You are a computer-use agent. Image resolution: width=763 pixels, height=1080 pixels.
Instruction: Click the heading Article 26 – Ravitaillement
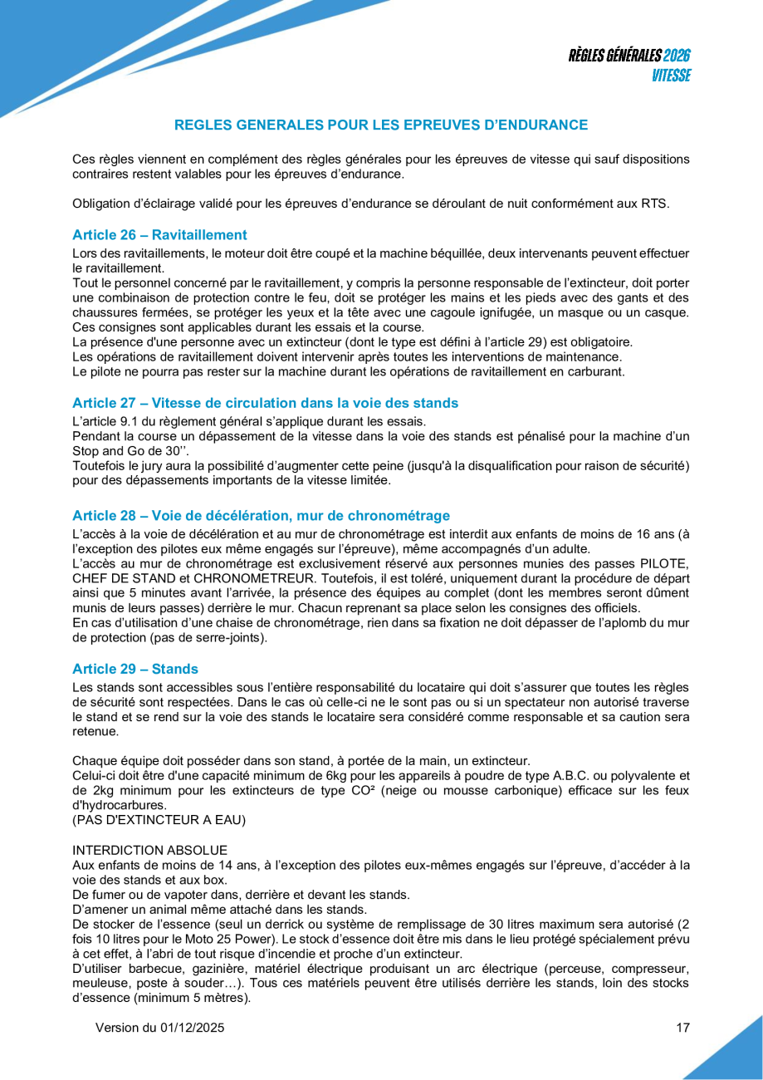pos(159,235)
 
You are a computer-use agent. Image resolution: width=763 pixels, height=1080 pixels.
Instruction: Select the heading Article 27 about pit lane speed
pos(265,403)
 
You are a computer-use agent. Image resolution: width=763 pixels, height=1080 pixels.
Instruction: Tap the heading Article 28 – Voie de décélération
pos(261,515)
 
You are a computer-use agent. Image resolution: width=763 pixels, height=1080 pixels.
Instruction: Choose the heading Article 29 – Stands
pos(135,668)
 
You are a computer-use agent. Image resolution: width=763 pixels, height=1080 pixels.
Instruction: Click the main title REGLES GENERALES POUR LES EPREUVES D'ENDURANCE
pos(381,125)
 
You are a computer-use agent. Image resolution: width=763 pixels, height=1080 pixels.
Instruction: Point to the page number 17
pos(682,1028)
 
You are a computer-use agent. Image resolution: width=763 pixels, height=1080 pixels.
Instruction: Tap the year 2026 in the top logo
pos(677,56)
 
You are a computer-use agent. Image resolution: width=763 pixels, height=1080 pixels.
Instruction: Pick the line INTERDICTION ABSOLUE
pos(149,850)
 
